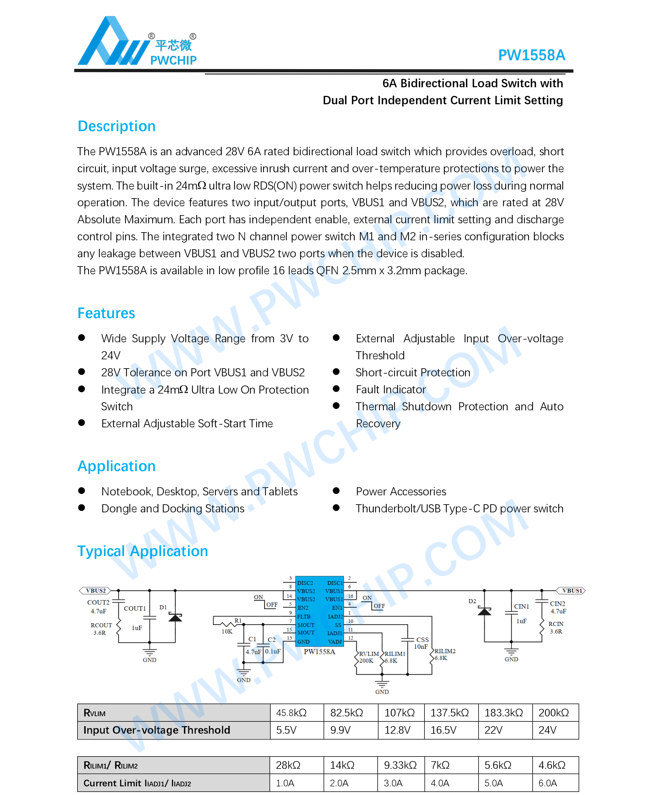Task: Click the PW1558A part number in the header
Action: (x=531, y=55)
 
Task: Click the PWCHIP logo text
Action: (x=173, y=60)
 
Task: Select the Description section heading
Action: (x=117, y=126)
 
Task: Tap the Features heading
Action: (x=106, y=313)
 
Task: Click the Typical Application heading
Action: (x=143, y=551)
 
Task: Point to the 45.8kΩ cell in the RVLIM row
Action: (x=291, y=713)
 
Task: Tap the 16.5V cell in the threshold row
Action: (x=443, y=730)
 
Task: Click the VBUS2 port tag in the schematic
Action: (x=96, y=590)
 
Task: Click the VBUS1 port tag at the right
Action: (x=571, y=590)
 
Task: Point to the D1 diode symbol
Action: (x=175, y=617)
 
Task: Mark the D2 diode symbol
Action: (x=484, y=611)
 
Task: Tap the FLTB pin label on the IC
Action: (x=304, y=617)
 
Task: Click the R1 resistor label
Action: (x=238, y=620)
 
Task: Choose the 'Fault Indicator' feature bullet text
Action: (x=390, y=389)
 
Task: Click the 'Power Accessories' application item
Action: (x=401, y=491)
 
